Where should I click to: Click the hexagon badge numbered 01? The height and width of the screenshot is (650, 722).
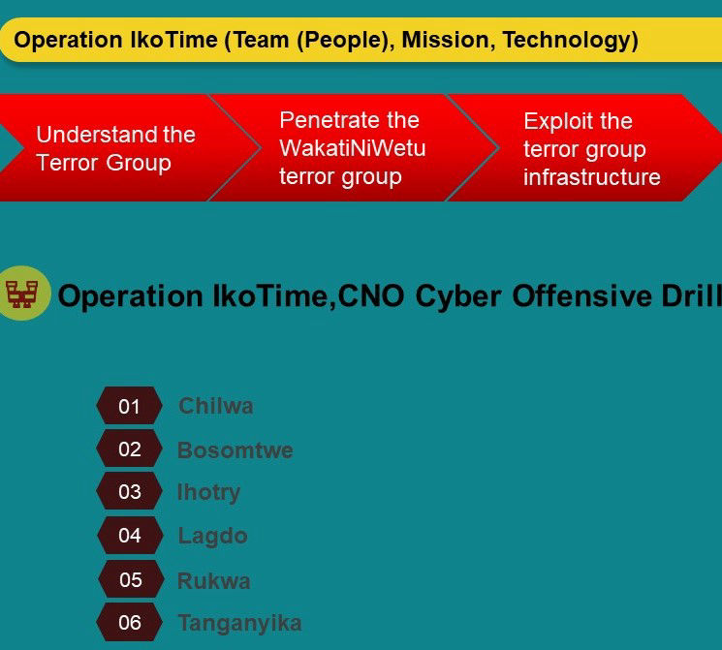130,406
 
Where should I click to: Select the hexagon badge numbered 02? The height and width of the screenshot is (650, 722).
130,449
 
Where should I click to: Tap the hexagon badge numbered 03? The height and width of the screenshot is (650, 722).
130,491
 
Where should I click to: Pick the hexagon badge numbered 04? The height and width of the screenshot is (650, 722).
130,535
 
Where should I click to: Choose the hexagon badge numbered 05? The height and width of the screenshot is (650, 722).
131,579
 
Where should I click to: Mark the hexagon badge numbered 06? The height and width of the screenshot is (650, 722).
130,622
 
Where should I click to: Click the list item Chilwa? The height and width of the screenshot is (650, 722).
215,406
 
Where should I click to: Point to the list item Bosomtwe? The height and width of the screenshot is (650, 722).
235,449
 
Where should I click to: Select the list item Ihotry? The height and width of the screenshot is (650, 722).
208,493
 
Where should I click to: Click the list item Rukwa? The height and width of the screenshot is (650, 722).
213,580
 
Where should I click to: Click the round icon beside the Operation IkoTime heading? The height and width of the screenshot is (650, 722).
22,294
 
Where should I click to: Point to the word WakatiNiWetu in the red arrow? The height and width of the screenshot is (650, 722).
353,148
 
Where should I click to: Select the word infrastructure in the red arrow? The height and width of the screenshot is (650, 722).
592,177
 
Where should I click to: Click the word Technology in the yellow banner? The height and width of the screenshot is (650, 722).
570,41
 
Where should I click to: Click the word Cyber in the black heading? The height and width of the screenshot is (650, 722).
458,296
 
